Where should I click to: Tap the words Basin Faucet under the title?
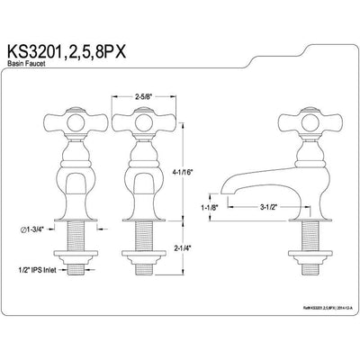tap(39, 62)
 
